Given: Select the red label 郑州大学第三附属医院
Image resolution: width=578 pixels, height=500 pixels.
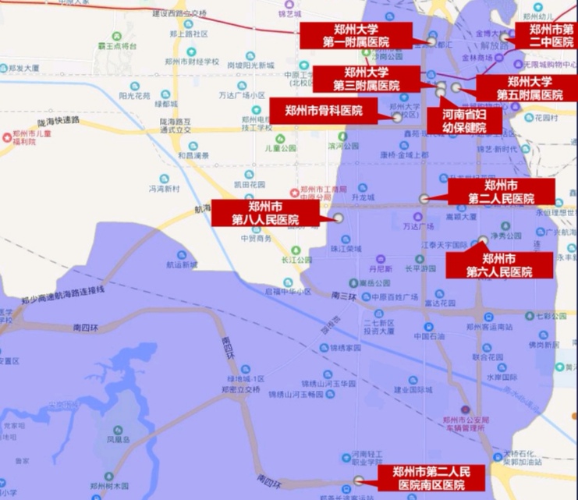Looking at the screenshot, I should click(x=366, y=79).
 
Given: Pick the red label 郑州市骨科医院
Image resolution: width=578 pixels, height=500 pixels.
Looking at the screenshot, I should click(x=324, y=110).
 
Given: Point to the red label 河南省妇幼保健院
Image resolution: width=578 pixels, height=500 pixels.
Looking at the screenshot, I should click(x=462, y=120).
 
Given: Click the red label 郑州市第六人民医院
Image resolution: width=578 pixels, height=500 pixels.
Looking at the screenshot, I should click(x=498, y=264).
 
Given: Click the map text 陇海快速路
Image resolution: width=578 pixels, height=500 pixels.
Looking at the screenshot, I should click(x=59, y=120).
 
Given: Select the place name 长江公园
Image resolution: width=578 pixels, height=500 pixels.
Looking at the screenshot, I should click(x=296, y=260).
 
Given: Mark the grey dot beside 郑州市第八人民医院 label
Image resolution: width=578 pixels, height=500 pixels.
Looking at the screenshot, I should click(x=339, y=218).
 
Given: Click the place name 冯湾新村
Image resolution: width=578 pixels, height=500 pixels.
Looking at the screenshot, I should click(x=165, y=189).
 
